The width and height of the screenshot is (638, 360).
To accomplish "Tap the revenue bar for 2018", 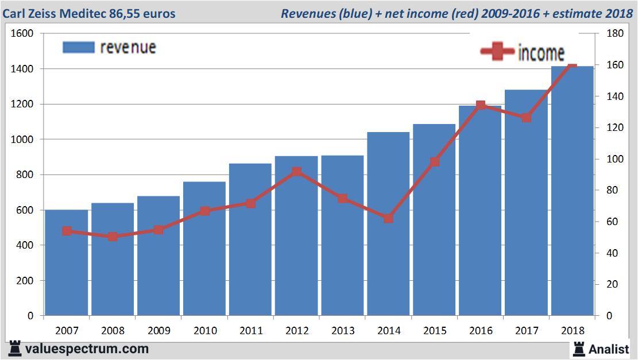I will point(572,195).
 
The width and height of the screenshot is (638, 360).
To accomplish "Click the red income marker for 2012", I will point(296,172).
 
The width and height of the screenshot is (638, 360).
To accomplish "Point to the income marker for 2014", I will point(388,219).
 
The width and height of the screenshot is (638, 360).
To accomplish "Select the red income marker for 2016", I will point(481,106).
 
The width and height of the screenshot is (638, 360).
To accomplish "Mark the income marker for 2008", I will point(113,236).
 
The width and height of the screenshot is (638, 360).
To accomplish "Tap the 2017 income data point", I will point(526,118).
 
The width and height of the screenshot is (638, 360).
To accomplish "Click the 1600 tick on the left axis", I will point(22,34).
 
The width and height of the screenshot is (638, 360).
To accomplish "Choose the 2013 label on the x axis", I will point(342,331).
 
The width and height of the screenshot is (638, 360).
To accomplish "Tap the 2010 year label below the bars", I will point(204,331).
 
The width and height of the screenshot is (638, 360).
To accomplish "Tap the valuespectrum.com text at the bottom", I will point(86,349).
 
